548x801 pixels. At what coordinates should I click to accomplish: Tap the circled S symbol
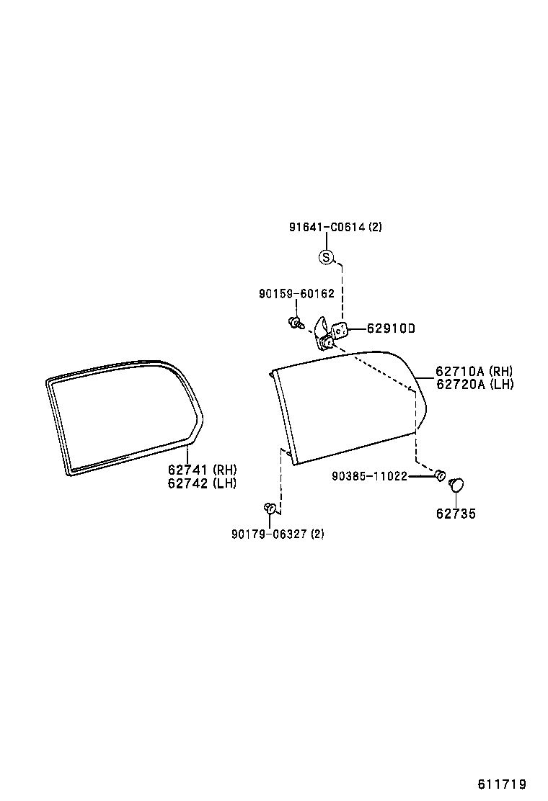point(326,257)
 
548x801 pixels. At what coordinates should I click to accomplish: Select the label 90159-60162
point(296,294)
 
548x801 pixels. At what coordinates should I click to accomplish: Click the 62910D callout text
point(391,328)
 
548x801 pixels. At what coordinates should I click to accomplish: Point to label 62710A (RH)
point(474,372)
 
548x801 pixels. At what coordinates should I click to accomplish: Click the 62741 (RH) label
point(203,470)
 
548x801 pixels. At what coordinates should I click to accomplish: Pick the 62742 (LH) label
point(203,483)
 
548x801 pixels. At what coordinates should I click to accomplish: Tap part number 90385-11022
point(370,476)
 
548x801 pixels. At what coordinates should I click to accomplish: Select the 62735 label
point(456,514)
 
